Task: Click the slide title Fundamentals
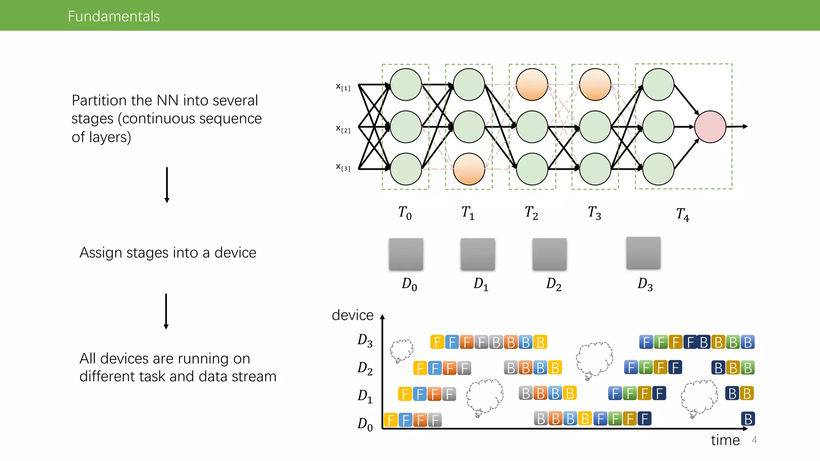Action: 114,16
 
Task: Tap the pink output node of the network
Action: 710,127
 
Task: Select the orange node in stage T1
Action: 469,169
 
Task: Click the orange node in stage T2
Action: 532,84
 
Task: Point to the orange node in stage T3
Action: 595,84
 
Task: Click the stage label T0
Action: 405,213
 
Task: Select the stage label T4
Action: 683,214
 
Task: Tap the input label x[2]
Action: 343,129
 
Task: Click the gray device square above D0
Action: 406,254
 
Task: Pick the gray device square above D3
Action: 643,253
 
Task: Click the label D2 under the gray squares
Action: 554,284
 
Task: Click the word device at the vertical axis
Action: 352,315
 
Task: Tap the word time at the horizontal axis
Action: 725,440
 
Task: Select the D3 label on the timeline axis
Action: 365,341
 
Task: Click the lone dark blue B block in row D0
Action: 748,419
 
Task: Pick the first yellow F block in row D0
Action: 391,420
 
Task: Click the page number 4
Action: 754,440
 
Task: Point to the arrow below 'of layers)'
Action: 167,185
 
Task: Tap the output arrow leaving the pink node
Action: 737,126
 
